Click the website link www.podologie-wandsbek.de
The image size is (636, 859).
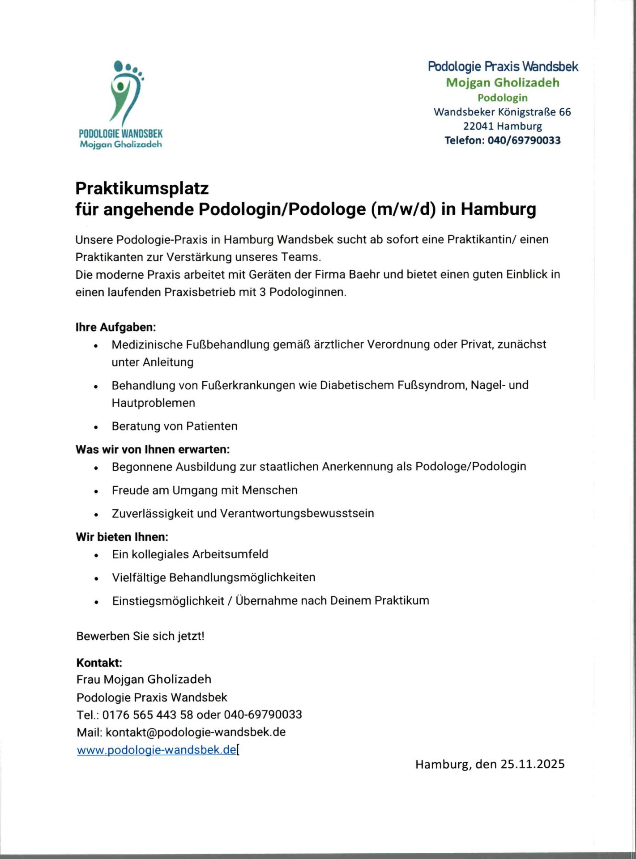tap(156, 750)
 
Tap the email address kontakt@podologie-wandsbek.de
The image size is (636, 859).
tap(196, 732)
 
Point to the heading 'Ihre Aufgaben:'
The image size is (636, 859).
tap(115, 327)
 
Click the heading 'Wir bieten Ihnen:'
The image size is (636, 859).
tap(122, 536)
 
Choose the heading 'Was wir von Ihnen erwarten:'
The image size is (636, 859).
tap(152, 449)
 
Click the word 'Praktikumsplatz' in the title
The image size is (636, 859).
tap(142, 188)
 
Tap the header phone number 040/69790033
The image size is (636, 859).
tap(524, 140)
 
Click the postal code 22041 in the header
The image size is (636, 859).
tap(478, 126)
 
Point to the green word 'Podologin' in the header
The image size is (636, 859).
tap(502, 98)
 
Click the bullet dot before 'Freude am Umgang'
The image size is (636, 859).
tap(96, 492)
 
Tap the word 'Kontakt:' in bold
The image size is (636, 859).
tap(99, 663)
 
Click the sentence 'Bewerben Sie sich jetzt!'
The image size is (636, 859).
tap(140, 636)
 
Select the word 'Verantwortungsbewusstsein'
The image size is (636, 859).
tap(297, 513)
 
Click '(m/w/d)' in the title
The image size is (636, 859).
tap(403, 209)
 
